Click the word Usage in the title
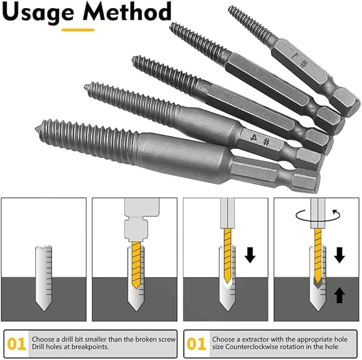[x=38, y=13]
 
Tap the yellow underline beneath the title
[x=78, y=30]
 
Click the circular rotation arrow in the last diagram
[x=318, y=216]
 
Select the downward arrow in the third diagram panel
[x=250, y=255]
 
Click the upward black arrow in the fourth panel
[x=340, y=295]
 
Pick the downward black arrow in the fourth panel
[x=340, y=255]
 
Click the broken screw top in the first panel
[x=44, y=249]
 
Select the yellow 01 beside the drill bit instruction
[x=16, y=344]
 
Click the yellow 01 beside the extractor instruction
[x=196, y=344]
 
